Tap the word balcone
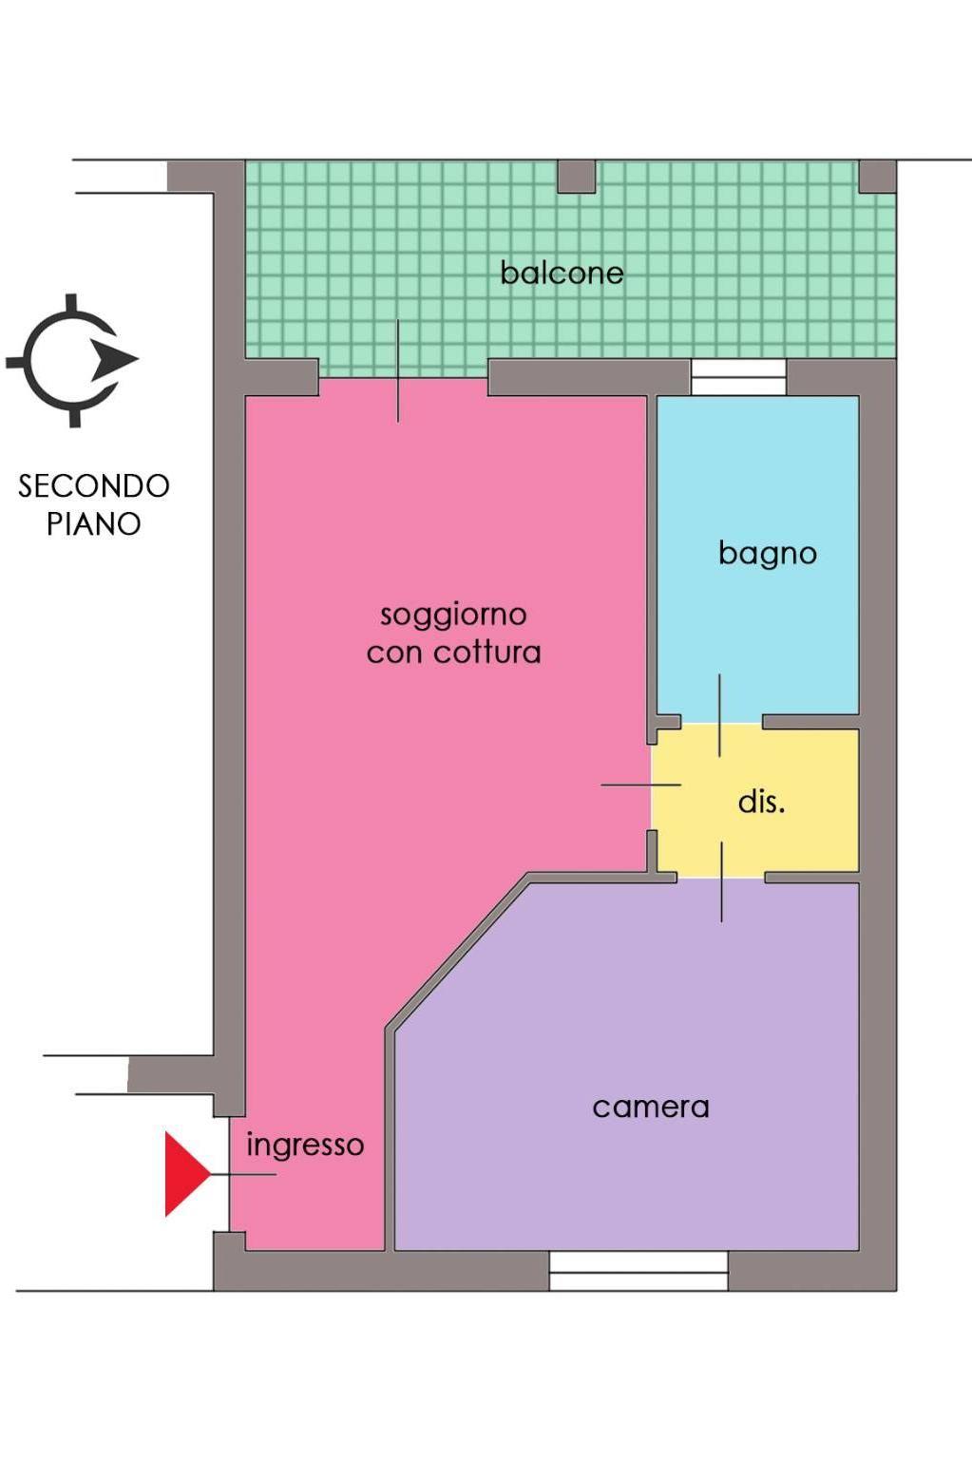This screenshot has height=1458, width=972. (562, 273)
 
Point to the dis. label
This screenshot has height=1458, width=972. (761, 802)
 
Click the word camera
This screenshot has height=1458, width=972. (651, 1108)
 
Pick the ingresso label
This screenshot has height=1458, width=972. (305, 1146)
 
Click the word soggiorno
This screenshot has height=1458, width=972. (453, 615)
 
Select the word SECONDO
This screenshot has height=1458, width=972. (94, 486)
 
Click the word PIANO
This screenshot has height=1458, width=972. (94, 524)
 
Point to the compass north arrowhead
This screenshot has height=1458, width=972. (114, 359)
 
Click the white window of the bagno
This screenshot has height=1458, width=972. (738, 377)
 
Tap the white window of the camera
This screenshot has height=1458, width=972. (638, 1271)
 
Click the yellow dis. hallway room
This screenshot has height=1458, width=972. (755, 800)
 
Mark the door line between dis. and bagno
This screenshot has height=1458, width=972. (719, 715)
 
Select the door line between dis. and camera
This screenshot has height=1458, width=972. (721, 882)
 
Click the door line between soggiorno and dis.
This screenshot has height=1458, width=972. (640, 785)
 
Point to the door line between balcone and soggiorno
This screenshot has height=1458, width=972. (398, 371)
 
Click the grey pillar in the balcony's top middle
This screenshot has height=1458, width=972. (577, 177)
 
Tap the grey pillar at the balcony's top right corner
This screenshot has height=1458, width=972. (878, 177)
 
